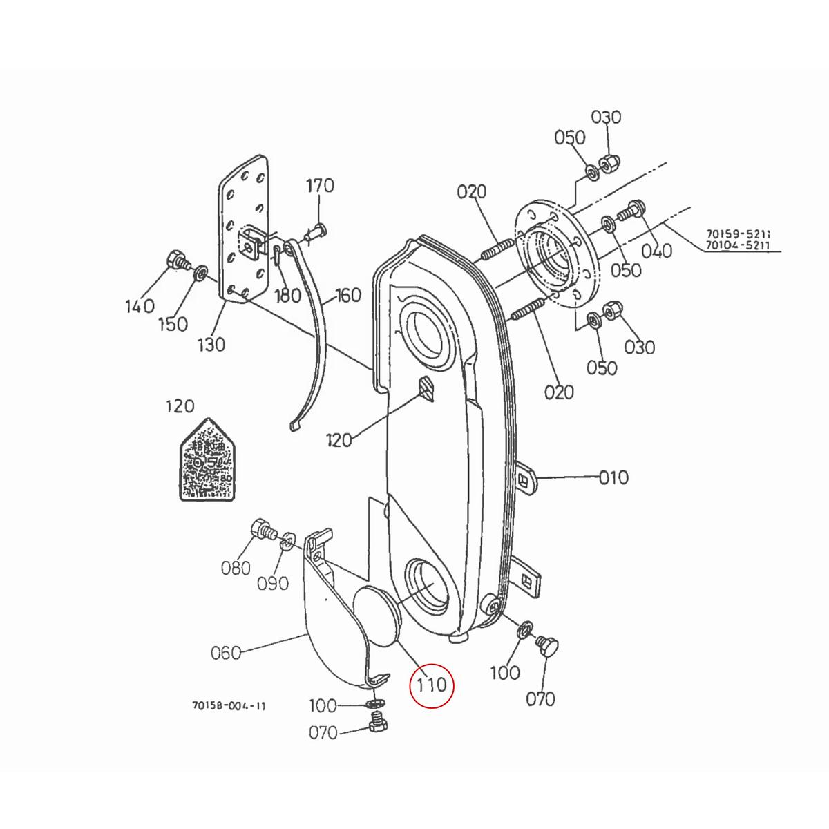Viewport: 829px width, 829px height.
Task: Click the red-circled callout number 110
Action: click(x=432, y=686)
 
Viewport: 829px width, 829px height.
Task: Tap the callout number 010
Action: click(x=613, y=477)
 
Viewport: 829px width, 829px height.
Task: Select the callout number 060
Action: click(x=226, y=651)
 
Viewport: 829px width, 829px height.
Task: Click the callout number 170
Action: click(x=319, y=186)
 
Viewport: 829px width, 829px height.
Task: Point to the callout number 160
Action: click(x=348, y=296)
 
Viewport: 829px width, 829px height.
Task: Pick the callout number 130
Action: click(x=211, y=343)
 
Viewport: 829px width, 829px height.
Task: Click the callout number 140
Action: click(x=140, y=306)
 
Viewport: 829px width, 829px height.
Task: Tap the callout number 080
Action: click(x=236, y=568)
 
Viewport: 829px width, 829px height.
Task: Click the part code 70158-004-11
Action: click(x=229, y=706)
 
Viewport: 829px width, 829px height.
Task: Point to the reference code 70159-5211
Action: click(x=738, y=234)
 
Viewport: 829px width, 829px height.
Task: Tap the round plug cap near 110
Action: click(x=376, y=615)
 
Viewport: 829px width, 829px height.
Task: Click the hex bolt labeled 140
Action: click(x=176, y=262)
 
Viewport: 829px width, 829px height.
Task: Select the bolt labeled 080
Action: click(x=262, y=531)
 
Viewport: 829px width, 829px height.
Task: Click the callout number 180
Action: click(x=287, y=296)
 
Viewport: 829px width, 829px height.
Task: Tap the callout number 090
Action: click(x=273, y=584)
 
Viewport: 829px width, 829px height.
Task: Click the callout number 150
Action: click(x=173, y=323)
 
